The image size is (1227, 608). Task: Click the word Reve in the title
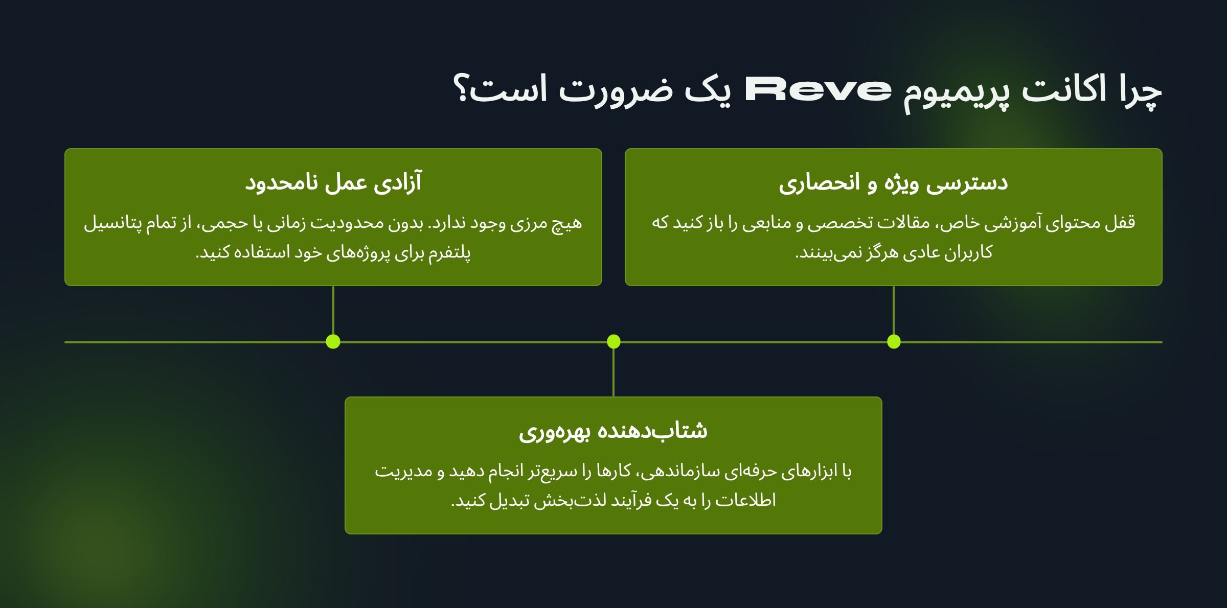[818, 89]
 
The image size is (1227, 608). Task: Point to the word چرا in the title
[1141, 92]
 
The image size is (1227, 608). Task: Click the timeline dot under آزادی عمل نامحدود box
[333, 341]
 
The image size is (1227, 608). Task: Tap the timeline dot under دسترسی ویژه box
[894, 341]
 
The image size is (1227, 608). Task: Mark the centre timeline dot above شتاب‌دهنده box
[613, 341]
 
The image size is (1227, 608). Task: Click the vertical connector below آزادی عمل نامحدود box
[333, 310]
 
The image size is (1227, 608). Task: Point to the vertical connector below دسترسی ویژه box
[894, 310]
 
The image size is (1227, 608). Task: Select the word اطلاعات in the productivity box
[745, 500]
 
